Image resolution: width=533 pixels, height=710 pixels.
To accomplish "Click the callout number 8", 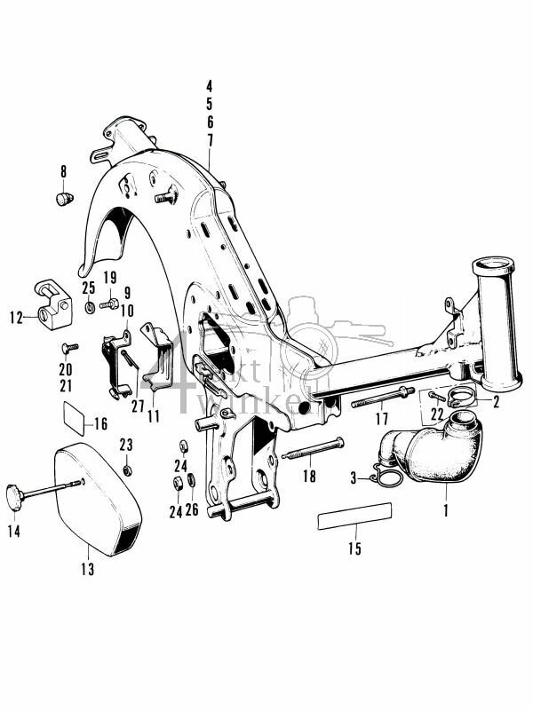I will [63, 170].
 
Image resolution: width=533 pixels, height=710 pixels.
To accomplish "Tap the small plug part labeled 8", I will [64, 198].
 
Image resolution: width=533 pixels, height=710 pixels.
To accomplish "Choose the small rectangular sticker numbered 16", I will [73, 413].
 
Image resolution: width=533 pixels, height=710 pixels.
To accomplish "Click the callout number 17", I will [382, 418].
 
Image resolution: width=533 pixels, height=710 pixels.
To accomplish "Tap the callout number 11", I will [155, 415].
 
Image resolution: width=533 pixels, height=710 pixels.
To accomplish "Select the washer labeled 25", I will [91, 307].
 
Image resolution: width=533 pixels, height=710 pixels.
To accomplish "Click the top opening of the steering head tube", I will [497, 265].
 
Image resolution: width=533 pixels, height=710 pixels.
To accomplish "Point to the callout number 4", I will [210, 86].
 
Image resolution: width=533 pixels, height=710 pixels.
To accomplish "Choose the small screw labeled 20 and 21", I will [69, 346].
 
